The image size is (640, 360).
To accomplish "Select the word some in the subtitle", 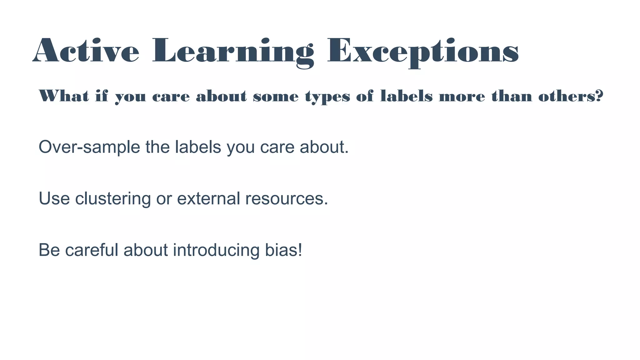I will (276, 97).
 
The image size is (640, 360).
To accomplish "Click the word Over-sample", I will (89, 147).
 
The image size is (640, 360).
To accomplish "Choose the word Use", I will (54, 198).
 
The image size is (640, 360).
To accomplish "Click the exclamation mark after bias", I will (300, 250).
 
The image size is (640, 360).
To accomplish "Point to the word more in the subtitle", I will (462, 97).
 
